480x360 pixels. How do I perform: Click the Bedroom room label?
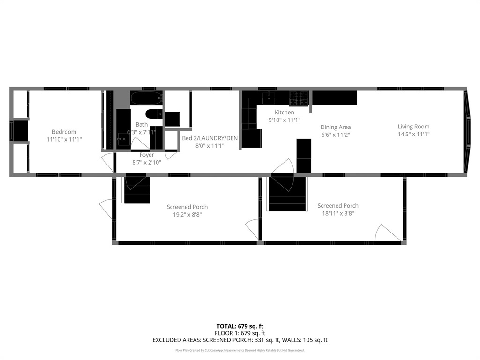(64, 132)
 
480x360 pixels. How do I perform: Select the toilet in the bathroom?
(153, 114)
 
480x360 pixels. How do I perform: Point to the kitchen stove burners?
(299, 98)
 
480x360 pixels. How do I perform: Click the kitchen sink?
(269, 97)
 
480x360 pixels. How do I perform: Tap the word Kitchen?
(285, 112)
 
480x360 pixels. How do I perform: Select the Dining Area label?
(336, 127)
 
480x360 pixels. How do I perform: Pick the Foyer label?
(147, 155)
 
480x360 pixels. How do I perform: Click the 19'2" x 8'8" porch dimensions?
(187, 215)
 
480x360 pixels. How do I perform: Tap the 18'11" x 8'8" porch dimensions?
(338, 213)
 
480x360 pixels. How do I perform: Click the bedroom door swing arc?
(108, 162)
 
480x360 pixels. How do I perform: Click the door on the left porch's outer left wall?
(106, 209)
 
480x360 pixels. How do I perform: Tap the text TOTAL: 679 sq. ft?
(240, 326)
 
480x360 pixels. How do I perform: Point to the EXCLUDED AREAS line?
(240, 340)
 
